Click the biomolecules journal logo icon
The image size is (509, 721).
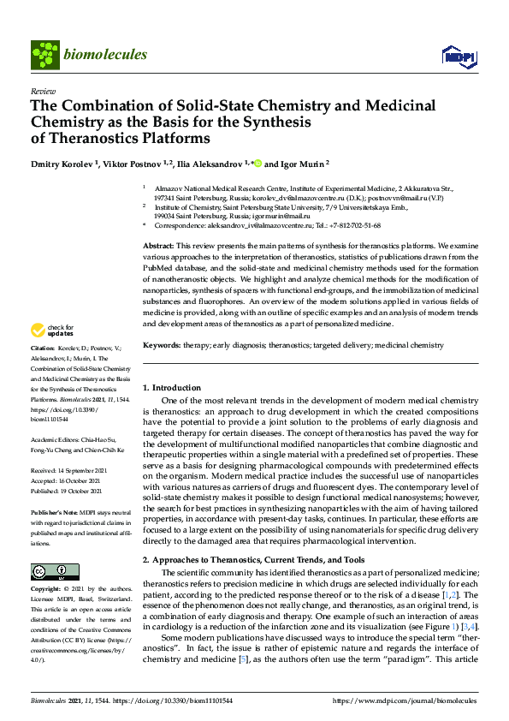44,55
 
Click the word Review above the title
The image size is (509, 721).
43,90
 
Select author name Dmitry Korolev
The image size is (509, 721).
63,163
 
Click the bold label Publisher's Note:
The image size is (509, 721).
55,510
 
